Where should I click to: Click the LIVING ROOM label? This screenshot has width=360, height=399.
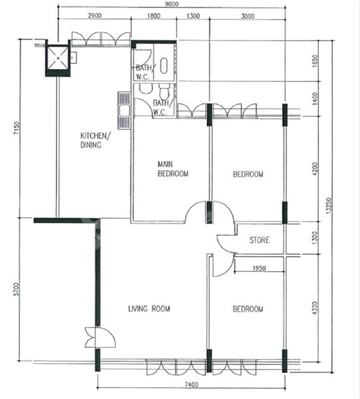pyautogui.click(x=149, y=309)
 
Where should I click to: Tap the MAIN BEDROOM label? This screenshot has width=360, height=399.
pyautogui.click(x=173, y=169)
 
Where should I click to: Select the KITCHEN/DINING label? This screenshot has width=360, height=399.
pyautogui.click(x=95, y=140)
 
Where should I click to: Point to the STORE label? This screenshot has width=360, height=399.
pyautogui.click(x=259, y=240)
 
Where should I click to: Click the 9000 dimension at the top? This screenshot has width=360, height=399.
pyautogui.click(x=172, y=4)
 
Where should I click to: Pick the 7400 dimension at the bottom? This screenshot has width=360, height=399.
pyautogui.click(x=191, y=384)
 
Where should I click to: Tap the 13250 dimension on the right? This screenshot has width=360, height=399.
pyautogui.click(x=329, y=205)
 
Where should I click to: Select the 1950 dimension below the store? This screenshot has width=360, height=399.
pyautogui.click(x=259, y=268)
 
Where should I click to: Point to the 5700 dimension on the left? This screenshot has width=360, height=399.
pyautogui.click(x=16, y=289)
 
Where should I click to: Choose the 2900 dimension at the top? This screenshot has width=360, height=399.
pyautogui.click(x=94, y=16)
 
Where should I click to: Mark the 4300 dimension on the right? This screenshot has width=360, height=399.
pyautogui.click(x=315, y=308)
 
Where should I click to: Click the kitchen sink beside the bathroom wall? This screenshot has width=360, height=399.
pyautogui.click(x=124, y=110)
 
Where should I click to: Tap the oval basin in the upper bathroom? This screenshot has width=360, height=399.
pyautogui.click(x=164, y=66)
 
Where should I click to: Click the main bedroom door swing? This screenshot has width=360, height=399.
pyautogui.click(x=195, y=213)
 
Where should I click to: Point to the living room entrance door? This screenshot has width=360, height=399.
pyautogui.click(x=100, y=337)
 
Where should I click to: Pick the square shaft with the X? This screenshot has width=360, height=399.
pyautogui.click(x=58, y=58)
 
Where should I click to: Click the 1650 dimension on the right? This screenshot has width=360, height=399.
pyautogui.click(x=315, y=61)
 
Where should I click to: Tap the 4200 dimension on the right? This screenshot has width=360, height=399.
pyautogui.click(x=315, y=169)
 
